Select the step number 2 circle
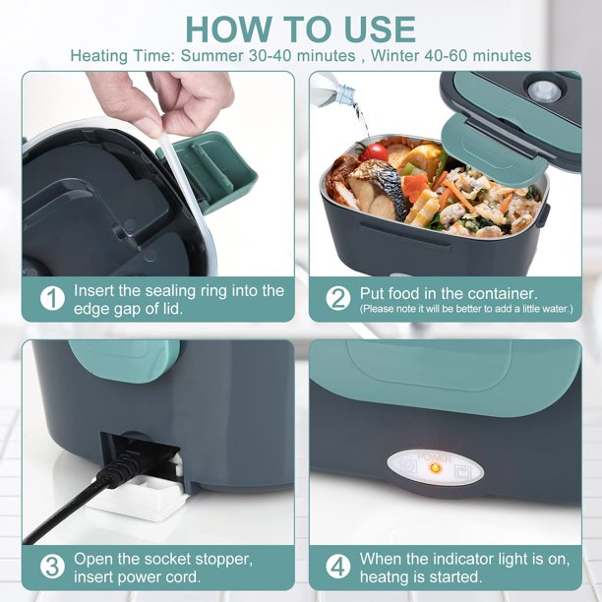point(337,298)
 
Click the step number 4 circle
point(337,567)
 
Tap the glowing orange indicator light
point(434,468)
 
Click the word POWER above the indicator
point(434,456)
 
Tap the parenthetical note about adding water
point(465,309)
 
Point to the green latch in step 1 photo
point(211,172)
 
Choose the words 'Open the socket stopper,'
point(162,559)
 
